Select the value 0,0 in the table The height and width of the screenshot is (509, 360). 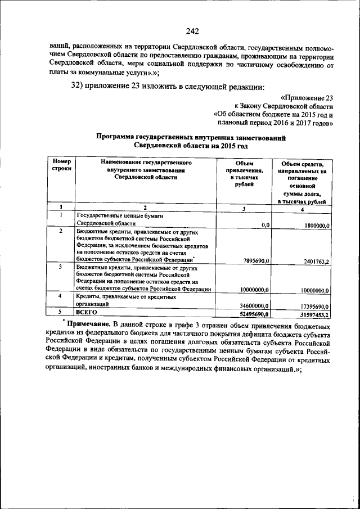[265, 224]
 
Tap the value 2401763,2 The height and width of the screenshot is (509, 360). [311, 261]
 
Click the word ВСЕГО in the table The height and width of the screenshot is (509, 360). [87, 312]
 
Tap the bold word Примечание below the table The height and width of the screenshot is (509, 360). [88, 325]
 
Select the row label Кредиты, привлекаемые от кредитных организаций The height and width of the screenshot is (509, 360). [124, 299]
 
